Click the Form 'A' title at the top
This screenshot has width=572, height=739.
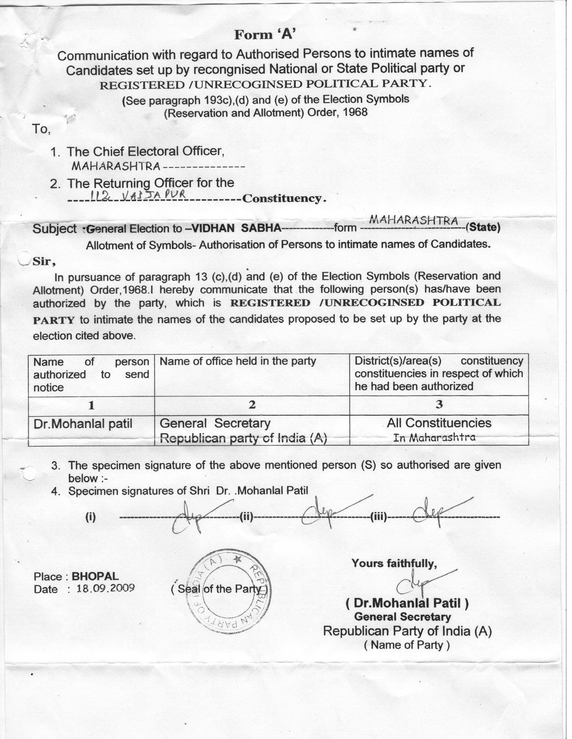point(265,34)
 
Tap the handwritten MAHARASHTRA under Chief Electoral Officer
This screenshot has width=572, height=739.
point(116,167)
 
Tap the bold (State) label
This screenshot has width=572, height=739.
point(483,227)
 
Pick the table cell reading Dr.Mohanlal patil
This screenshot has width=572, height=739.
point(83,423)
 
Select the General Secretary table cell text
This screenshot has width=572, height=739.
point(215,423)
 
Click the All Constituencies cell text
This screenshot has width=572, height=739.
point(439,423)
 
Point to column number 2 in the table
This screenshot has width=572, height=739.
point(252,405)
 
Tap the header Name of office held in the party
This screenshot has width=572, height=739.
point(238,361)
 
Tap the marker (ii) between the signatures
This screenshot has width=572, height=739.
point(246,518)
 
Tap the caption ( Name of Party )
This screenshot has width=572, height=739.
point(407,645)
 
